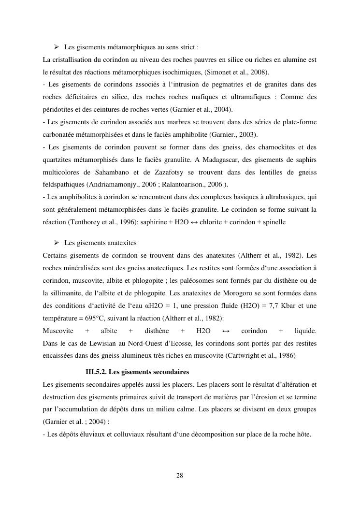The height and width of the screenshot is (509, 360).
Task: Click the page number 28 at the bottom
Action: click(180, 476)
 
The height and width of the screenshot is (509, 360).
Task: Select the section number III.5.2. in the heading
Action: click(96, 372)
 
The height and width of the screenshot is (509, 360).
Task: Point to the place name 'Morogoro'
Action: click(228, 293)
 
